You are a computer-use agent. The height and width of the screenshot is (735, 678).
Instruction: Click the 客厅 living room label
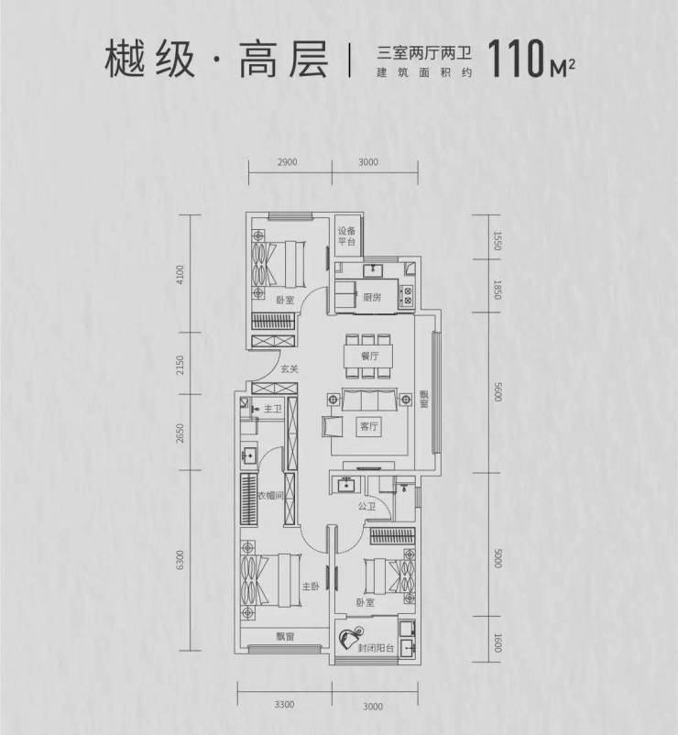[369, 426]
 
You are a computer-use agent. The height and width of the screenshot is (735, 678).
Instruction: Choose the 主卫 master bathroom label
[272, 411]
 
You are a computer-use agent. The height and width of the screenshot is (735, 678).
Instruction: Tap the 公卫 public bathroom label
[368, 504]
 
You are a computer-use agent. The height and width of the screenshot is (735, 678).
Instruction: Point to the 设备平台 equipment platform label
[344, 236]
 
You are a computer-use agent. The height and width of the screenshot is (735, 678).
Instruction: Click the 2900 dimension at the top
[286, 162]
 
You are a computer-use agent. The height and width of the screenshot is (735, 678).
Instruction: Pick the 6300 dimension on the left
[181, 558]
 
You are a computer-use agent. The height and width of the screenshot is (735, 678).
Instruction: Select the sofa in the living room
[369, 400]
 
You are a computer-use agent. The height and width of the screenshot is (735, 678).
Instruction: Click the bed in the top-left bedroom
[279, 263]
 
